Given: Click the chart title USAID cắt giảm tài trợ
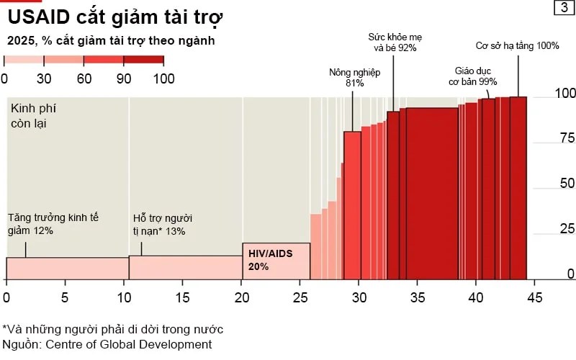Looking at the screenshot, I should point(115,17).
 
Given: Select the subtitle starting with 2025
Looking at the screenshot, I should point(111,41).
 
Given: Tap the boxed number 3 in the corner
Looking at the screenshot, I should point(561,8).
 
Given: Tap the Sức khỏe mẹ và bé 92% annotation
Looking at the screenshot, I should point(392,42).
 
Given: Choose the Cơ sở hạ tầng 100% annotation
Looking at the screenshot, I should point(518,46).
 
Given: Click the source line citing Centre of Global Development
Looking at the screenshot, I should point(107,344).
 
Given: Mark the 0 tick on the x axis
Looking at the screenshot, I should point(6,296).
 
